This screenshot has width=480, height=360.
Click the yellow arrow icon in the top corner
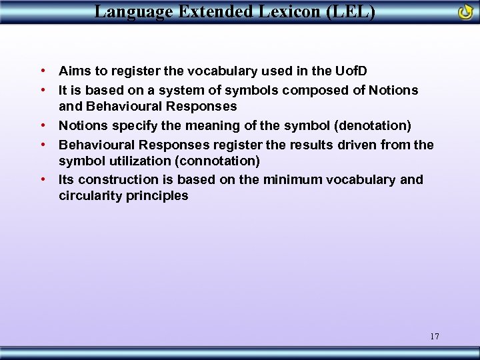point(465,11)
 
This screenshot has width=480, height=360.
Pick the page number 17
point(435,336)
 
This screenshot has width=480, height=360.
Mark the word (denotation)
point(373,126)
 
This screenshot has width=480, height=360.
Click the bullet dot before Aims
point(42,70)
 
